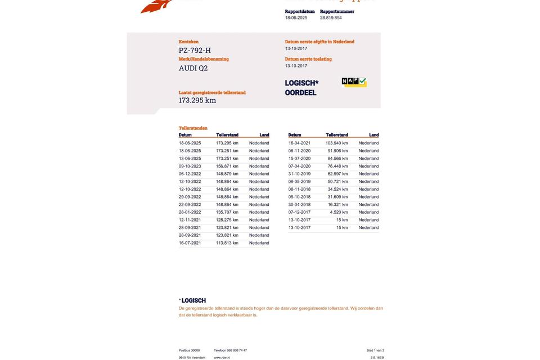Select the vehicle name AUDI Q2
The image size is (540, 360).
pos(193,68)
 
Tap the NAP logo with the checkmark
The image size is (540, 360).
pos(354,82)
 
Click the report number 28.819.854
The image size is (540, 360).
pos(331,18)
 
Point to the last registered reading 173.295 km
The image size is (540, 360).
pos(197,100)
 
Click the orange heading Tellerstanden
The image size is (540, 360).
pos(193,128)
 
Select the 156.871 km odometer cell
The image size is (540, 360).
pos(227,166)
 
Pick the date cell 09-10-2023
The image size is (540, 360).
pos(190,166)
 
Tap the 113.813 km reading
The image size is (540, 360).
pos(227,243)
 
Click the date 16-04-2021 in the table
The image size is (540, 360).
pos(299,143)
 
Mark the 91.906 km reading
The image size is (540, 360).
pos(337,151)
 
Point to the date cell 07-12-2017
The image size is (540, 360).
pos(299,213)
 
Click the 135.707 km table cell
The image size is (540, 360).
pos(227,213)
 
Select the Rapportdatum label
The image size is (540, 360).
pos(300,11)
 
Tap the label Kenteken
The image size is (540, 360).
pos(188,42)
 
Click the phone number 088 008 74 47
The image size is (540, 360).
pos(237,350)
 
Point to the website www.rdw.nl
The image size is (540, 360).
pos(222,358)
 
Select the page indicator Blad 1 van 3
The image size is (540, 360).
pos(375,350)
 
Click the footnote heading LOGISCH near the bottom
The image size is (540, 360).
pos(193,301)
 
